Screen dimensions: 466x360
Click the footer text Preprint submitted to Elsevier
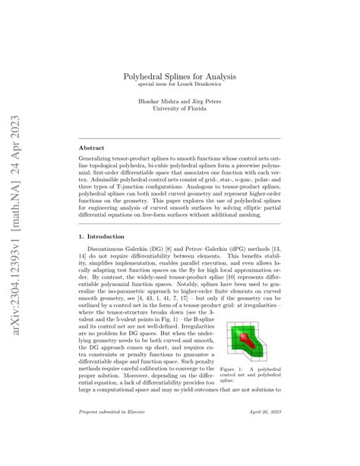pyautogui.click(x=112, y=433)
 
